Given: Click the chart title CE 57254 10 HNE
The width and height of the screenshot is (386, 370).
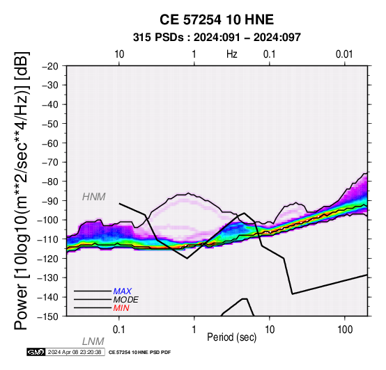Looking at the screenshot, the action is click(217, 19).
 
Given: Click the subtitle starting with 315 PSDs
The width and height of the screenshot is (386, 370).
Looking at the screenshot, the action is click(217, 38).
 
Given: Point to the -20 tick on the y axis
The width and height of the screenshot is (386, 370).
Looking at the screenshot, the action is click(50, 66).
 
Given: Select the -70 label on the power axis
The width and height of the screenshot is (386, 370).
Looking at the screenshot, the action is click(50, 162).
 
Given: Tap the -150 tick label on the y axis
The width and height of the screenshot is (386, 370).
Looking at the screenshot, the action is click(48, 316).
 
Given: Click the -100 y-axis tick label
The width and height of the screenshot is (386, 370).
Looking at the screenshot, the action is click(48, 220).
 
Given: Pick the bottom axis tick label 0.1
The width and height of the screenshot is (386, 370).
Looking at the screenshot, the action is click(119, 330).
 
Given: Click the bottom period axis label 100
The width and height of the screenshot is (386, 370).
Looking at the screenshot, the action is click(345, 330).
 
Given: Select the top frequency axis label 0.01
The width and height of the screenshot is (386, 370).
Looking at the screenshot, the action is click(344, 54).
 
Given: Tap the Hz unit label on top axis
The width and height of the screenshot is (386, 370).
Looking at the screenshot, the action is click(232, 54).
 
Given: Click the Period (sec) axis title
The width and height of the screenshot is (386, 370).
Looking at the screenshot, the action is click(231, 337).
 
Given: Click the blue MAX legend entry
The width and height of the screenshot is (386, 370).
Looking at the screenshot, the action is click(123, 291).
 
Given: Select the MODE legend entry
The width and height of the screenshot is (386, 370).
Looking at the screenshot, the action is click(126, 300).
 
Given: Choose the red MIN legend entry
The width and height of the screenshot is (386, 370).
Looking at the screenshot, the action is click(121, 308).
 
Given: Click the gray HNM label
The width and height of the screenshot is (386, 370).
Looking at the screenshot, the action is click(94, 197).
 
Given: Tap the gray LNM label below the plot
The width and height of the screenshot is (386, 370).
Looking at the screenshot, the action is click(93, 341).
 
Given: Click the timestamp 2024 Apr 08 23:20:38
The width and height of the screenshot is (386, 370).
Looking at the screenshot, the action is click(75, 352).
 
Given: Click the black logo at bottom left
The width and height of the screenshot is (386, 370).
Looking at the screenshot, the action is click(36, 352).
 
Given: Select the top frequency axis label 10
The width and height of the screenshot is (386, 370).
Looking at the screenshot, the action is click(119, 54).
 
